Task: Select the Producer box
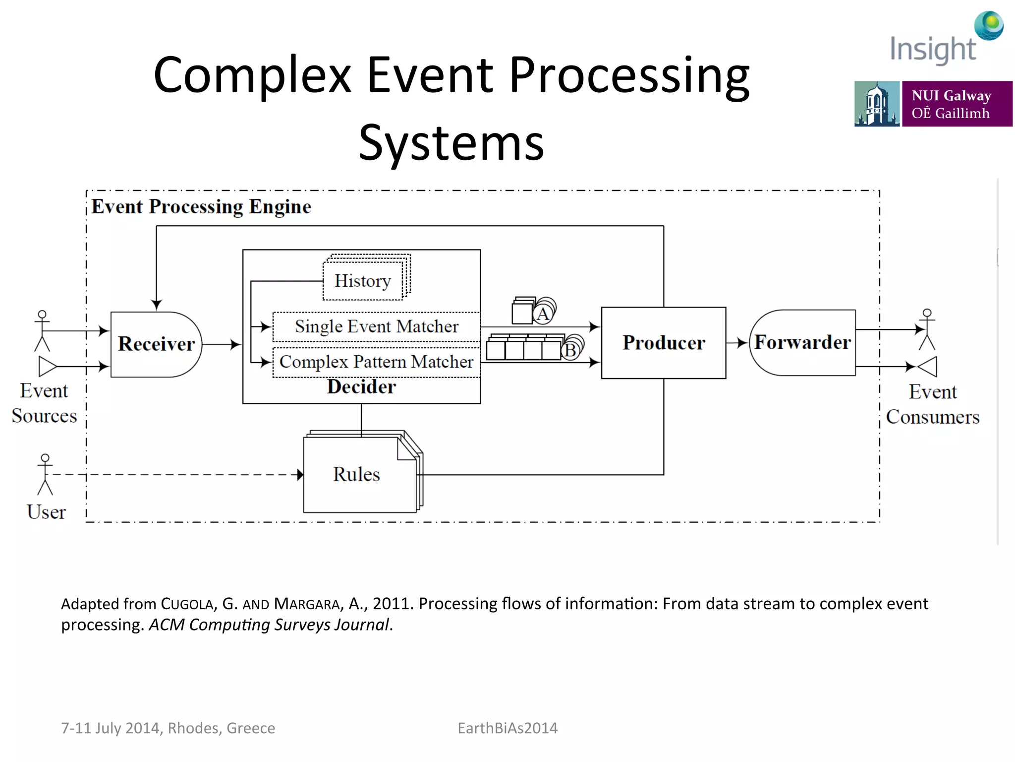(663, 343)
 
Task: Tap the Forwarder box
(802, 342)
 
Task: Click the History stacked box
(363, 281)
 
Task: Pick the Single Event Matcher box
(376, 326)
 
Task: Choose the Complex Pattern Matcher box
(376, 362)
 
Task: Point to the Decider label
(361, 387)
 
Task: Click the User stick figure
(45, 474)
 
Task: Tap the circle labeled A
(543, 314)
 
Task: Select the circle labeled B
(570, 350)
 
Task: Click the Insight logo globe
(989, 25)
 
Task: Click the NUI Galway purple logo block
(957, 104)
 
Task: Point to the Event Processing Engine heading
(201, 206)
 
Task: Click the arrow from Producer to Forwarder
(737, 343)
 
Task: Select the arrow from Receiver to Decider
(222, 344)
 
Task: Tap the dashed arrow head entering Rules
(300, 475)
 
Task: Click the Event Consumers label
(932, 404)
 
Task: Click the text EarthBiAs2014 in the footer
(507, 728)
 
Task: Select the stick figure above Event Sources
(42, 330)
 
